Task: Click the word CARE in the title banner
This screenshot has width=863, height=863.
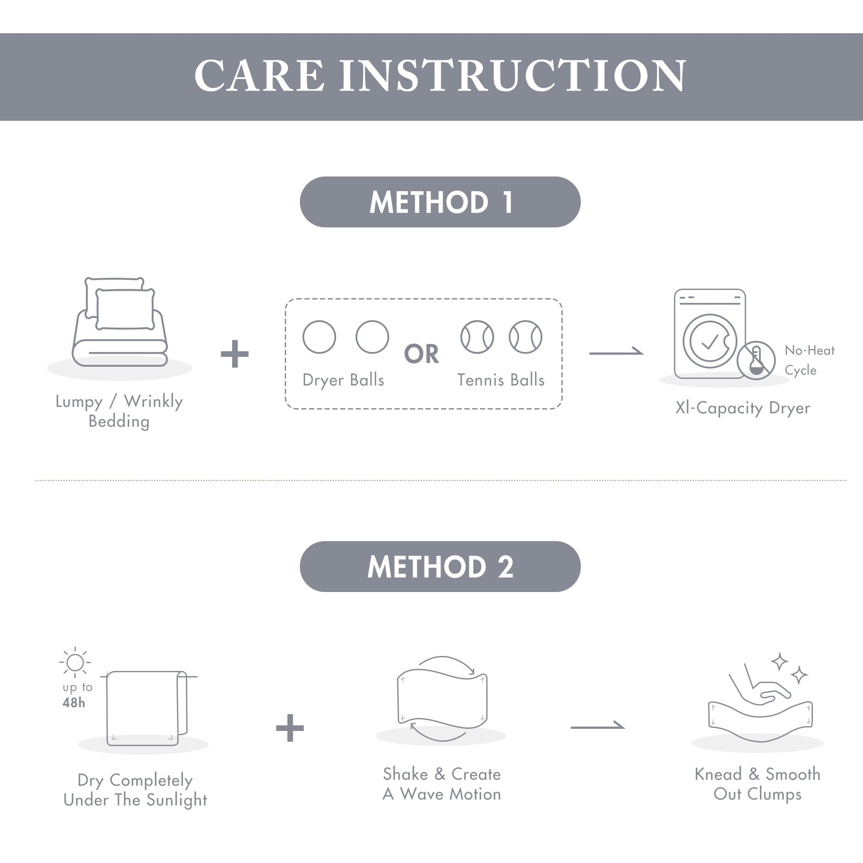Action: click(x=259, y=76)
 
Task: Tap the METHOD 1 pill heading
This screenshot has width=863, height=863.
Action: click(x=440, y=202)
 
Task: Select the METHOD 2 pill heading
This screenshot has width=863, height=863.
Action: click(x=440, y=567)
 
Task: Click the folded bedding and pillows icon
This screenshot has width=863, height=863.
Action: click(x=120, y=321)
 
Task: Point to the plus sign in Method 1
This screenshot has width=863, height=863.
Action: click(x=234, y=354)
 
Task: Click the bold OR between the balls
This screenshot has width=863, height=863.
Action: click(x=421, y=354)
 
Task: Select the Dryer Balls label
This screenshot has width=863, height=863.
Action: click(x=343, y=380)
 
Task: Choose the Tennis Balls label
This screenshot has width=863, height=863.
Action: click(x=501, y=380)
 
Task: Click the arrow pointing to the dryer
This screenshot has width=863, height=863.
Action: click(x=617, y=353)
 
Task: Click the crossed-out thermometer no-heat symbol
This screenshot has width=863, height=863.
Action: click(x=756, y=360)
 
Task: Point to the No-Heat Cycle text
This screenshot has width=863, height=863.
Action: click(x=809, y=360)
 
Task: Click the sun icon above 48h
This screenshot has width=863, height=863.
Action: click(x=75, y=662)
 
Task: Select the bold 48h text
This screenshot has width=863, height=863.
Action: click(x=74, y=702)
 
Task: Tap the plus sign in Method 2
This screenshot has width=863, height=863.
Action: click(x=290, y=728)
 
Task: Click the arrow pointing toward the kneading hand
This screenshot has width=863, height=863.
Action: click(x=598, y=727)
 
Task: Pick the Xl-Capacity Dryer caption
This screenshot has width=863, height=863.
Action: click(x=742, y=408)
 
